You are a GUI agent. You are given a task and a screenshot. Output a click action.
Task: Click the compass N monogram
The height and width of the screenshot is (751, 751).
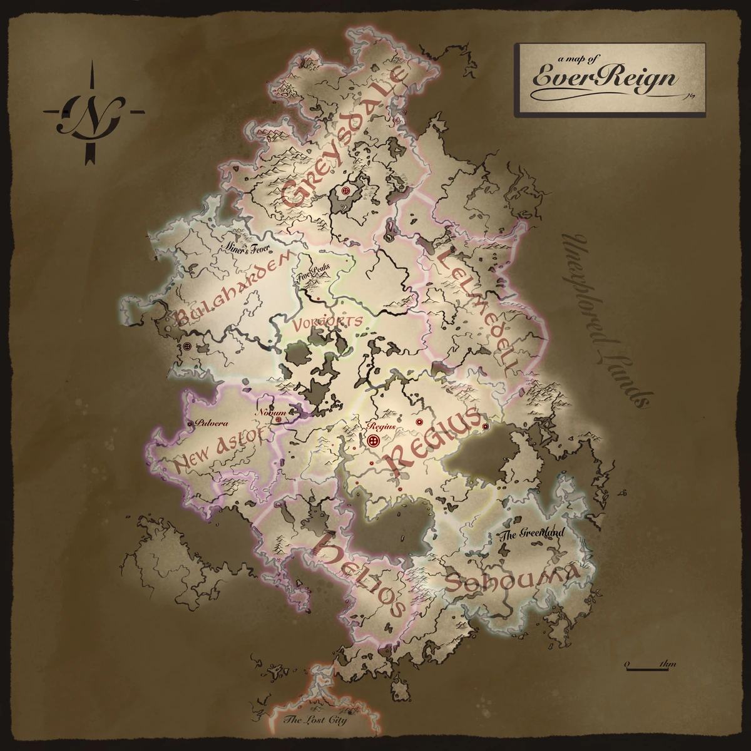point(94,113)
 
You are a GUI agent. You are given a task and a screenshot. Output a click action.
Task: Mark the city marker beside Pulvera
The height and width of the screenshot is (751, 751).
point(190,424)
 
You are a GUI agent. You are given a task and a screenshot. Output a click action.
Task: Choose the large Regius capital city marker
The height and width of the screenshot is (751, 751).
point(374,441)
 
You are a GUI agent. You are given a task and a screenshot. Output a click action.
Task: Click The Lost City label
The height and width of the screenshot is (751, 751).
point(315,720)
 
